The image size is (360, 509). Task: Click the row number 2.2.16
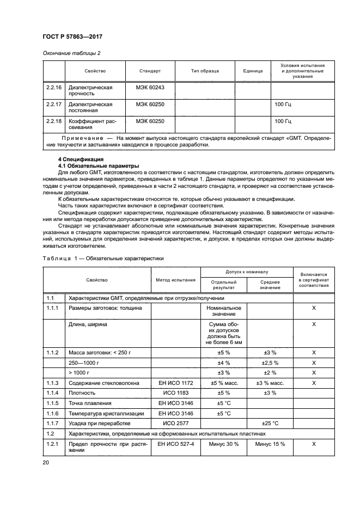(x=53, y=87)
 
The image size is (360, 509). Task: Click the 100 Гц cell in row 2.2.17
(x=283, y=104)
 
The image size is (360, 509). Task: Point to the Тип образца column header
(x=205, y=71)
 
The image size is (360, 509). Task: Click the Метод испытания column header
(x=175, y=280)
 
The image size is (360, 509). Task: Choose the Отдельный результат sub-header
(x=224, y=285)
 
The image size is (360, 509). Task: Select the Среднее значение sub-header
(x=270, y=285)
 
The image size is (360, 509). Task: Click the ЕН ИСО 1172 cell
(x=175, y=398)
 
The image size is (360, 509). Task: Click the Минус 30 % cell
(x=224, y=444)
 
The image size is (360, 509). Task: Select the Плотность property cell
(x=83, y=408)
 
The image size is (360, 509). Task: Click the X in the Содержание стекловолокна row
(x=314, y=398)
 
